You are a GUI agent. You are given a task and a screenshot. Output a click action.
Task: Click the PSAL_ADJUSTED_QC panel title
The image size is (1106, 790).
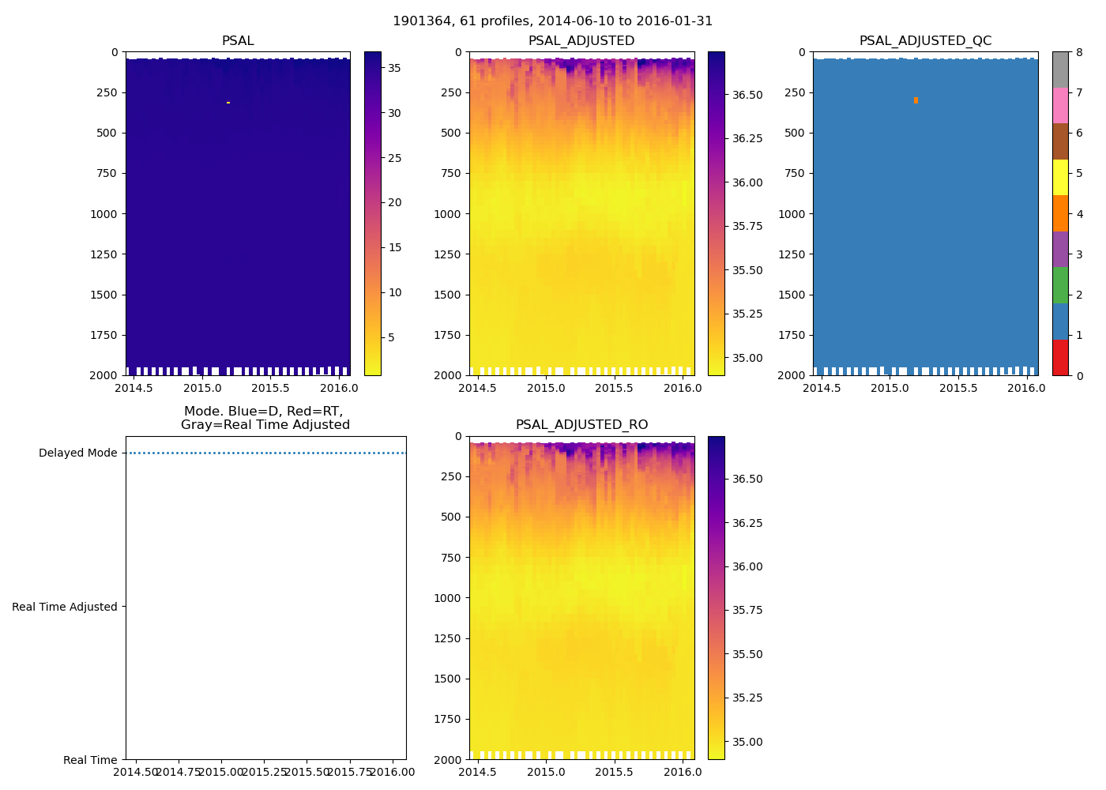pyautogui.click(x=925, y=40)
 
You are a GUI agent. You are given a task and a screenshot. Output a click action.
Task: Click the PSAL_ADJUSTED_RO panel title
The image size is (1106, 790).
pyautogui.click(x=581, y=424)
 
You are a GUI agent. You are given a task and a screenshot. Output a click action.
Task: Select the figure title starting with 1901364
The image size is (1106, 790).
pyautogui.click(x=552, y=21)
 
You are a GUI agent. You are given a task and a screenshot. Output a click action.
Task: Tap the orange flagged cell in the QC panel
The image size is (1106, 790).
pyautogui.click(x=916, y=100)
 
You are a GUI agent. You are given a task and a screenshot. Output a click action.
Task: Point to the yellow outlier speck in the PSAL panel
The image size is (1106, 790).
pyautogui.click(x=228, y=103)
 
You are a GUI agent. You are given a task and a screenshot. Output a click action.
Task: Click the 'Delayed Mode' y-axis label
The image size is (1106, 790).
pyautogui.click(x=77, y=453)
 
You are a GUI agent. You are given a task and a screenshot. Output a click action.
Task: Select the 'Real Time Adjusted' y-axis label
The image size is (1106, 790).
pyautogui.click(x=64, y=607)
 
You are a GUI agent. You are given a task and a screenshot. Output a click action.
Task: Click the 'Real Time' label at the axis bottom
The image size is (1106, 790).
pyautogui.click(x=90, y=760)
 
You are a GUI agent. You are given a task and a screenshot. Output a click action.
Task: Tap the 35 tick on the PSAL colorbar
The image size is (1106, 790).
pyautogui.click(x=394, y=68)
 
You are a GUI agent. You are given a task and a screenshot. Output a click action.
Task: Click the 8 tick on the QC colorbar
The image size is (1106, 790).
pyautogui.click(x=1079, y=52)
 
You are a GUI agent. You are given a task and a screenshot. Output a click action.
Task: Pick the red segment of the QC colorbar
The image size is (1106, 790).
pyautogui.click(x=1060, y=357)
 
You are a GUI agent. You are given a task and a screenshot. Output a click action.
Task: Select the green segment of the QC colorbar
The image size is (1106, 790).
pyautogui.click(x=1060, y=285)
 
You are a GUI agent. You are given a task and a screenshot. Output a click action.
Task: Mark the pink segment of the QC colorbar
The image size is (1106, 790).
pyautogui.click(x=1060, y=105)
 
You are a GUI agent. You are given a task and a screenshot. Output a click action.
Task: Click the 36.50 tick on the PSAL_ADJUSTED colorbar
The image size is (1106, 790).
pyautogui.click(x=747, y=95)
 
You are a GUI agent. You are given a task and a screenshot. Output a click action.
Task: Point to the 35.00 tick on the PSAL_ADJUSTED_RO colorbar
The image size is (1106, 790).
pyautogui.click(x=747, y=742)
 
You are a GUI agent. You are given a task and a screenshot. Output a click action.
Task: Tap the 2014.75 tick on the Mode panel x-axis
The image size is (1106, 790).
pyautogui.click(x=179, y=772)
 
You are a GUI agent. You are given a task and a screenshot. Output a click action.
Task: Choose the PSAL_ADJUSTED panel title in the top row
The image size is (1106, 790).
pyautogui.click(x=581, y=40)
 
